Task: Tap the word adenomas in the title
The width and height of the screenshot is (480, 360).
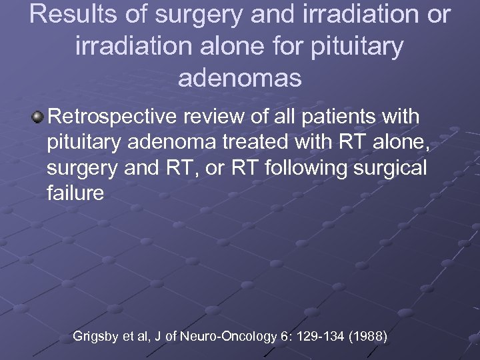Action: tap(240, 78)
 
